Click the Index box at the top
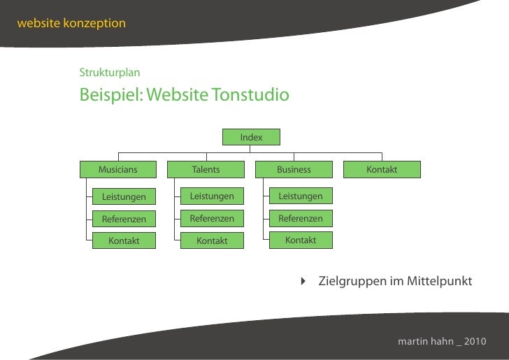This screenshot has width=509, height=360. (251, 137)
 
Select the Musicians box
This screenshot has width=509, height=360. (117, 169)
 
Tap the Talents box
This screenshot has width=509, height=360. (206, 169)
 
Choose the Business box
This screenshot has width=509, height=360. (294, 169)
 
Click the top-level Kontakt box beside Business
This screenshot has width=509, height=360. (382, 169)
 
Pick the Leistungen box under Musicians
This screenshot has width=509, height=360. (124, 196)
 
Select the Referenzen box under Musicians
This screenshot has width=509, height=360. (124, 219)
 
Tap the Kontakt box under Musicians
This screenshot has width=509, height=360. (124, 241)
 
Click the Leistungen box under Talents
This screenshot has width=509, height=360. (212, 196)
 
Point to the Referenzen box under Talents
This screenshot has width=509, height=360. (212, 218)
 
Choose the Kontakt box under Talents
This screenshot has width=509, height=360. (212, 241)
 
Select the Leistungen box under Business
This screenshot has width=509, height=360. (301, 196)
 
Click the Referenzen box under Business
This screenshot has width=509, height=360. (301, 219)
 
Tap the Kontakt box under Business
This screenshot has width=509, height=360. (301, 240)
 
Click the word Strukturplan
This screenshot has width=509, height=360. (110, 73)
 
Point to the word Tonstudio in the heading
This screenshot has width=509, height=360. (250, 94)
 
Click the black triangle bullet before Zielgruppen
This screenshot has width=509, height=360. (303, 281)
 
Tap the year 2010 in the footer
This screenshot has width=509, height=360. (474, 342)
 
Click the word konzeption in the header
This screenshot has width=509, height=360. (94, 23)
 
